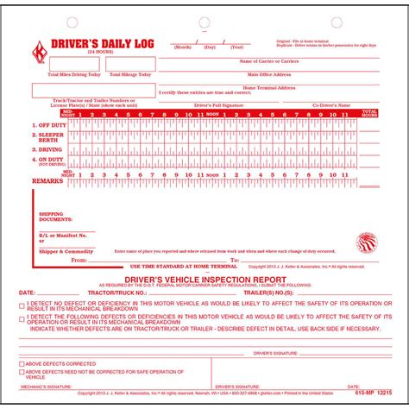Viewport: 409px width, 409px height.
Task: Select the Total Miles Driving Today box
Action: tap(74, 64)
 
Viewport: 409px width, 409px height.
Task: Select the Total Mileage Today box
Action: tap(130, 64)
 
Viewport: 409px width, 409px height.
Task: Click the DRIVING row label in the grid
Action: tap(46, 148)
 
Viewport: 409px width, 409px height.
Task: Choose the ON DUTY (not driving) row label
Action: tap(47, 161)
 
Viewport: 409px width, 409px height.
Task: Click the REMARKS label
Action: tap(47, 181)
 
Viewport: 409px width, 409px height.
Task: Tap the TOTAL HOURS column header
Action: tap(368, 112)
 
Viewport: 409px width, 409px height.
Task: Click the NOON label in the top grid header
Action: tap(213, 112)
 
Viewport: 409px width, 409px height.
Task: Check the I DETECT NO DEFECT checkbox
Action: tap(22, 305)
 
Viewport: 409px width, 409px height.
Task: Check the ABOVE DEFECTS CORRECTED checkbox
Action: tap(22, 362)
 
